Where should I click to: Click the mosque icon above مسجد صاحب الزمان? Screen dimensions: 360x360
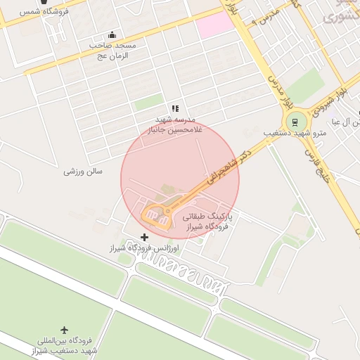(112, 35)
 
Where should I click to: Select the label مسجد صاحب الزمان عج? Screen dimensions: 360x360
(112, 50)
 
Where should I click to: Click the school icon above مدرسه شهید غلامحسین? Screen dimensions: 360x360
(176, 108)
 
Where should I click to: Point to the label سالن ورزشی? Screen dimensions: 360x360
(83, 171)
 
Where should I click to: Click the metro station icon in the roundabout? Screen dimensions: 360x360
(295, 120)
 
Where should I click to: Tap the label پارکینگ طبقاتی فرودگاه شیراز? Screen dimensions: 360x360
(207, 222)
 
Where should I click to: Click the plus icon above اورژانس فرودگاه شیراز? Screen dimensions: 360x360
(145, 237)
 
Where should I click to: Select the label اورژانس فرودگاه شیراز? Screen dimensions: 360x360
(144, 249)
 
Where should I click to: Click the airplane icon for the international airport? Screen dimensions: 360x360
(65, 330)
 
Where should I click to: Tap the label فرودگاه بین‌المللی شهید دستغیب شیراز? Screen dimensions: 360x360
(64, 345)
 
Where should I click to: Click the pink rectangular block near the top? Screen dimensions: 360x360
(214, 27)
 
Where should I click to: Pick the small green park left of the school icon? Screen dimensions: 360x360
(148, 103)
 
